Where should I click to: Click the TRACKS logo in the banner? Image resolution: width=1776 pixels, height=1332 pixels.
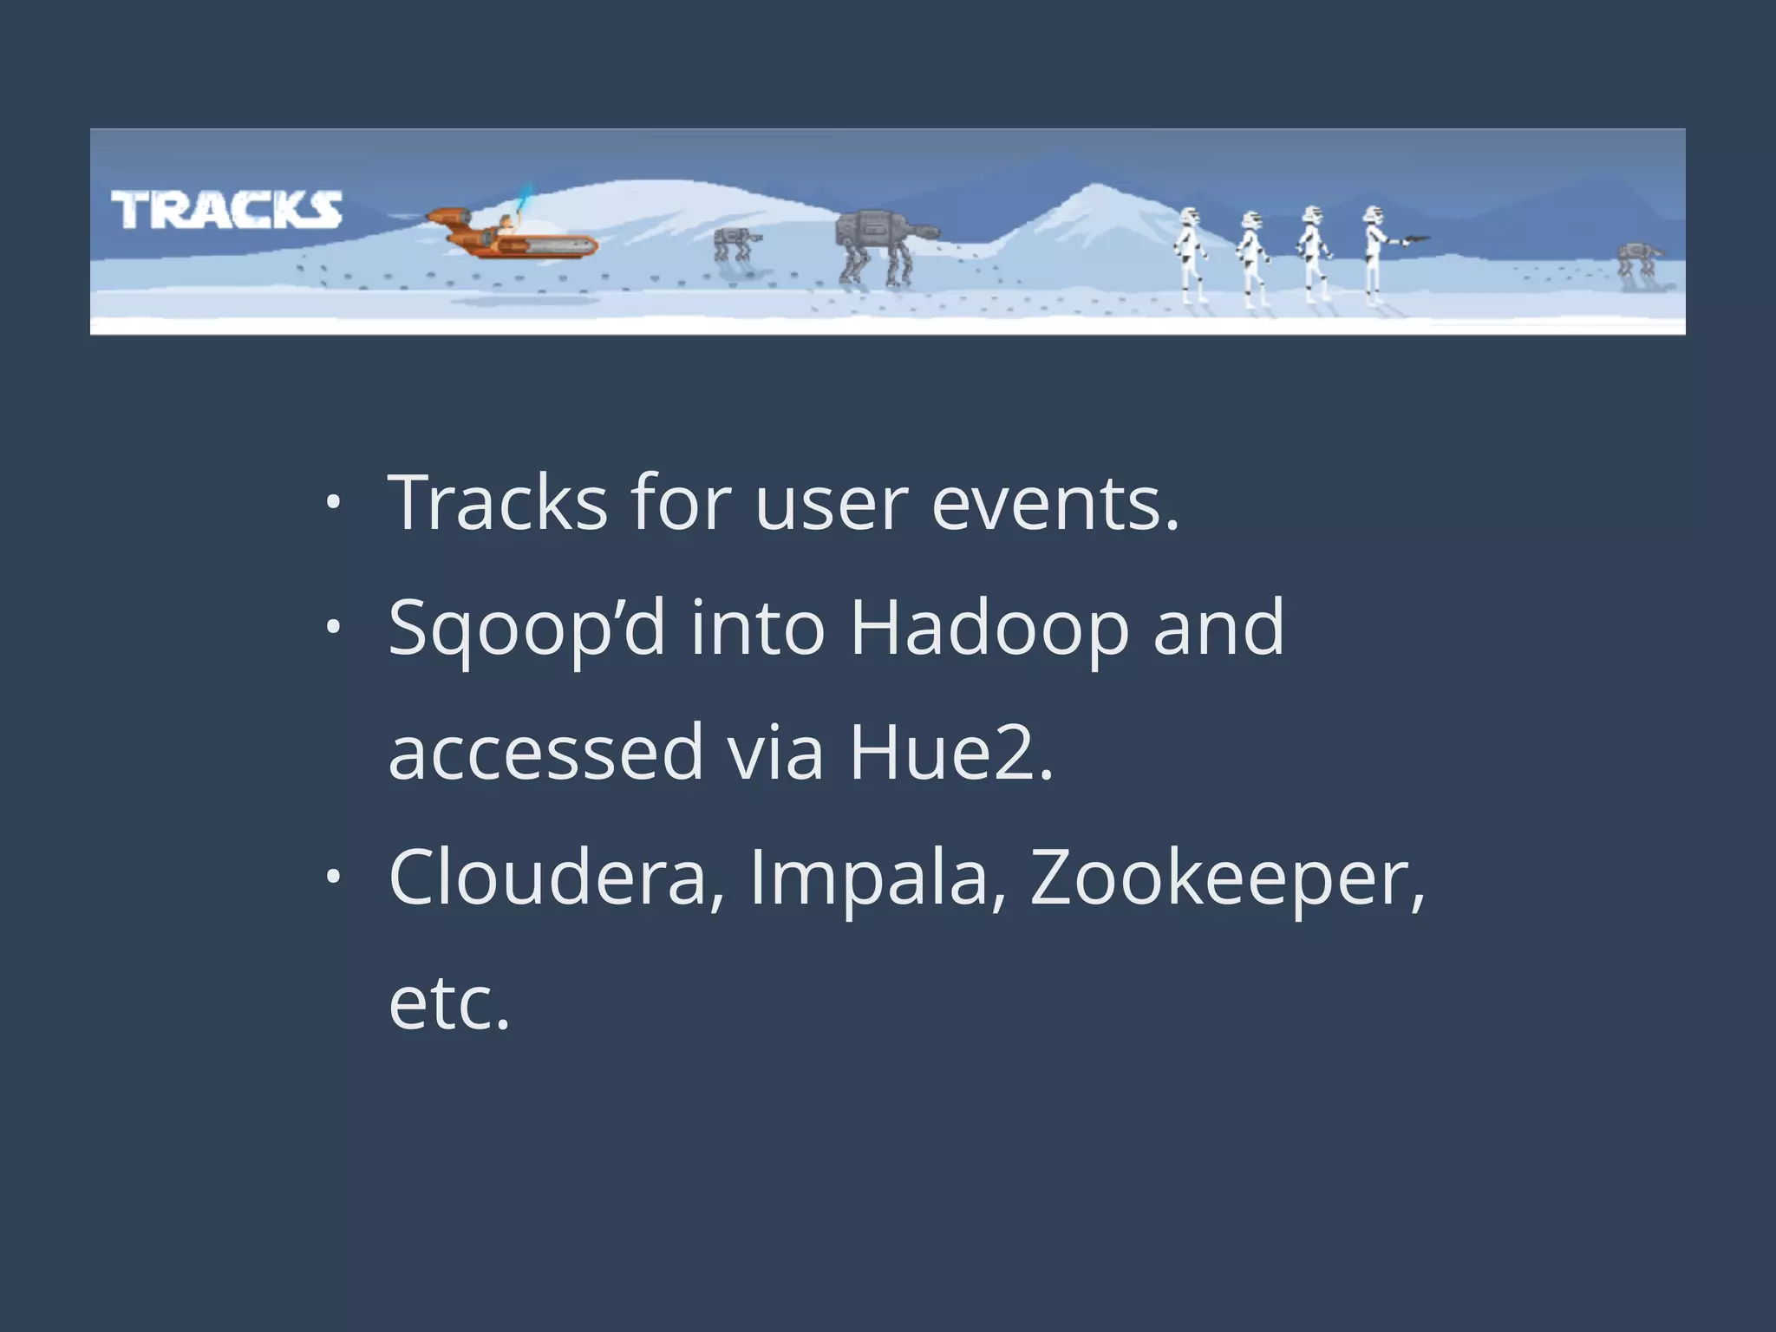coord(226,210)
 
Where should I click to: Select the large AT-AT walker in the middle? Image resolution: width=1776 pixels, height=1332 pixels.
coord(880,245)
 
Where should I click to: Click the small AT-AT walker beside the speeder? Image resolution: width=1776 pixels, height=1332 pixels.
coord(735,244)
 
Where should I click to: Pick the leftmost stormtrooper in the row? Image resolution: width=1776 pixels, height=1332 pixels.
coord(1192,255)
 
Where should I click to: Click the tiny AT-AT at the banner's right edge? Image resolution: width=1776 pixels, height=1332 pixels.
coord(1639,260)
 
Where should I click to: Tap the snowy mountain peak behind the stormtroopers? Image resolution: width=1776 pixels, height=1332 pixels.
coord(1094,195)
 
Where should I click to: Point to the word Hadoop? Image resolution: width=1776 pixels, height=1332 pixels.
coord(989,628)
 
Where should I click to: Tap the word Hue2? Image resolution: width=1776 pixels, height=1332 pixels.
coord(950,753)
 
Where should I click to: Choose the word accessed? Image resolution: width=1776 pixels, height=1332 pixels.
coord(545,753)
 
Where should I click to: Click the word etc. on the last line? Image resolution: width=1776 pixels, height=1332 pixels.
coord(449,1003)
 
